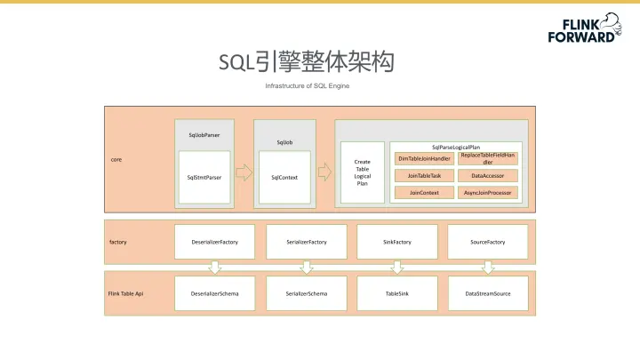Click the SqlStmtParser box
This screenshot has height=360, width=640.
[204, 177]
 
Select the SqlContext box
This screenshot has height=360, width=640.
[284, 177]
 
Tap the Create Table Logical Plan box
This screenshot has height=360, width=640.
[362, 172]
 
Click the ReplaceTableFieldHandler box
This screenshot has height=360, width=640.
[488, 158]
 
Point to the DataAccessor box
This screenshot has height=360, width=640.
[488, 175]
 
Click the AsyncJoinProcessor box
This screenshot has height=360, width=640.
[488, 192]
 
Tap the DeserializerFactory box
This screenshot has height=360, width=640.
[214, 242]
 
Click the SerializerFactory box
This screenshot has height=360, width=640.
[307, 242]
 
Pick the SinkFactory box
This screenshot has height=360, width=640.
[397, 242]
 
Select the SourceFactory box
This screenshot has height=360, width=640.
[488, 242]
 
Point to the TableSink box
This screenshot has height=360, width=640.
[397, 292]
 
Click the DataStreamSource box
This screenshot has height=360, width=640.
[488, 292]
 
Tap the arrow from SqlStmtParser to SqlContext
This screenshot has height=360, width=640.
[244, 172]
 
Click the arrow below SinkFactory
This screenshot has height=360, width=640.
[397, 266]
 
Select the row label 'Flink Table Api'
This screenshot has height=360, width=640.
[125, 292]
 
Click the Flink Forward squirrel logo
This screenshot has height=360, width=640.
[610, 20]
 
